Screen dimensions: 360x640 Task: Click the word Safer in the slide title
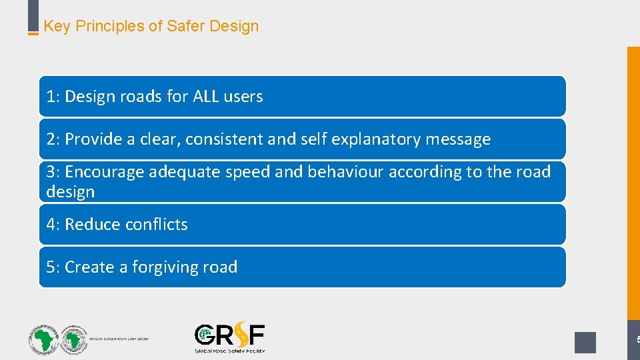click(186, 27)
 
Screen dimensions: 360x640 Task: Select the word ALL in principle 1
click(206, 97)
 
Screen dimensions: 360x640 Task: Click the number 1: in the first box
click(53, 97)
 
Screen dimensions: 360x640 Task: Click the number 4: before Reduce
click(53, 225)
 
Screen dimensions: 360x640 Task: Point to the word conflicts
click(156, 225)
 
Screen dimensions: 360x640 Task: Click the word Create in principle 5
click(89, 267)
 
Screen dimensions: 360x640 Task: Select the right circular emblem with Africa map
click(73, 339)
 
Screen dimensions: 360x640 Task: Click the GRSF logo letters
click(229, 335)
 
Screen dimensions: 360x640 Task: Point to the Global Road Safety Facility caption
click(229, 350)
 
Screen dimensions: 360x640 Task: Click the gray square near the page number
click(585, 342)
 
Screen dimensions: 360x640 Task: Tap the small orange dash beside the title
click(33, 33)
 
